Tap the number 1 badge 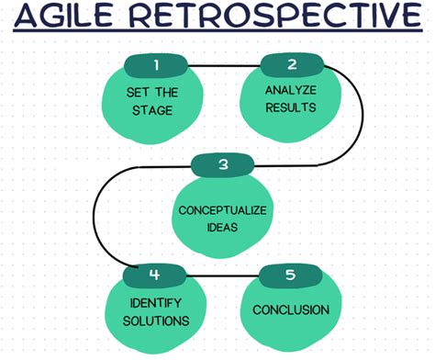coord(156,64)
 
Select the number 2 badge coord(292,64)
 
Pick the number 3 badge coord(223,166)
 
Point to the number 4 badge coord(154,273)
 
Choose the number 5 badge coord(292,273)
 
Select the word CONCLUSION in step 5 coord(291,309)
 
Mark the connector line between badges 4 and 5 coord(223,273)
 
